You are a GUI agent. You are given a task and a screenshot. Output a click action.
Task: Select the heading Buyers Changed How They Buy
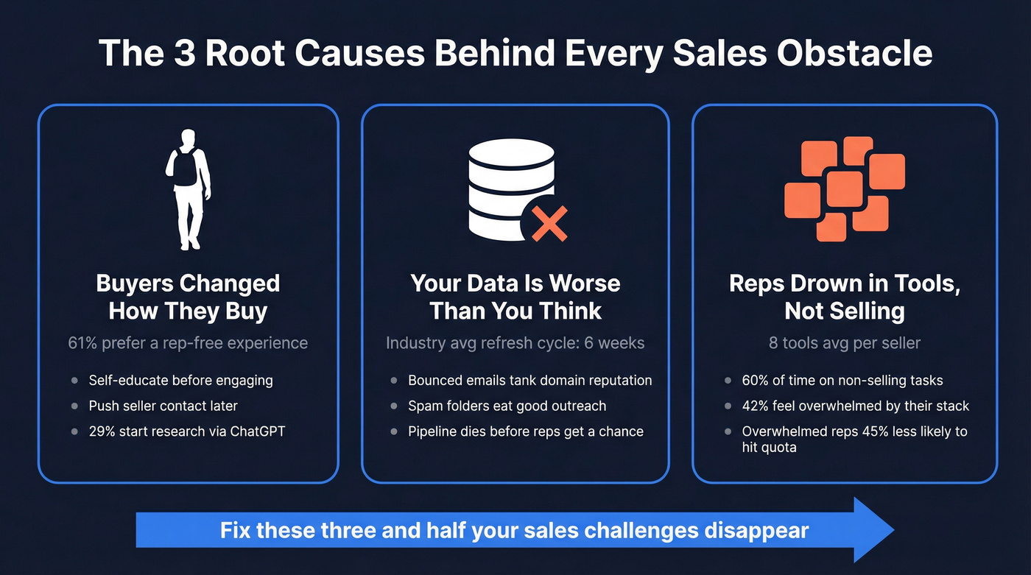point(188,297)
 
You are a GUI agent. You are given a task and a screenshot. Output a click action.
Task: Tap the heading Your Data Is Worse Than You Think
point(515,297)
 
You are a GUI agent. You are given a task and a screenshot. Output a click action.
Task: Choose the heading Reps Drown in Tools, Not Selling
point(845,297)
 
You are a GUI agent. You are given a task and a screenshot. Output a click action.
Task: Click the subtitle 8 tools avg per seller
point(845,343)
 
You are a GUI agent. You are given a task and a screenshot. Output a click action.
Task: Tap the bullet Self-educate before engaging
point(180,381)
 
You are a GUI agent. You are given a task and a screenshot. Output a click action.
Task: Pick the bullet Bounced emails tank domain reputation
point(529,381)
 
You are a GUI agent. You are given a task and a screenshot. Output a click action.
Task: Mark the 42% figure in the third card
point(756,406)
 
